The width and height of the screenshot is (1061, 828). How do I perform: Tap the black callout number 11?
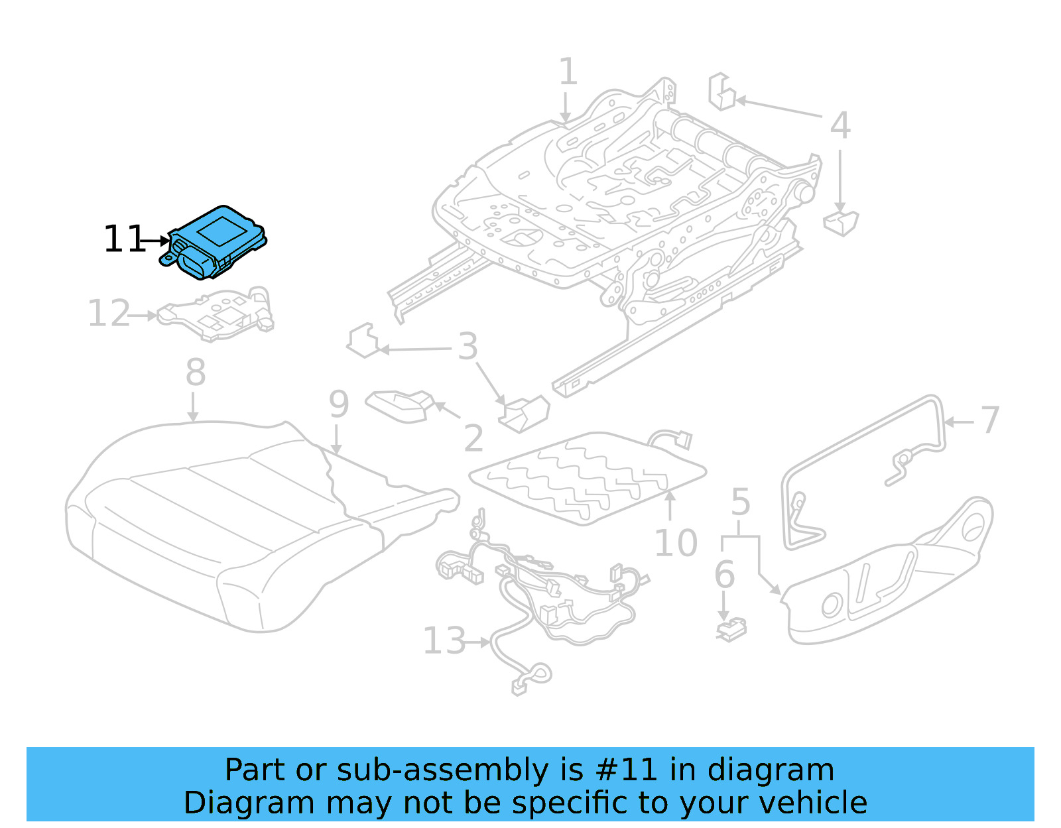(x=123, y=240)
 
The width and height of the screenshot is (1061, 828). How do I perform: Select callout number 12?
(x=109, y=314)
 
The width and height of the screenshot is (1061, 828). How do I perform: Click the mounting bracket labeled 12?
(x=219, y=315)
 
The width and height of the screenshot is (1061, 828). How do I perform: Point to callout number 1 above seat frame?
(x=568, y=72)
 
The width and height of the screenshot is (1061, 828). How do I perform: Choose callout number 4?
(x=840, y=126)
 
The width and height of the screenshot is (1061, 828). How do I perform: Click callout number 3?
(x=468, y=347)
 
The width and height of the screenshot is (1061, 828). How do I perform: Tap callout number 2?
(x=473, y=438)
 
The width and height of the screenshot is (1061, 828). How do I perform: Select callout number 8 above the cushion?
(x=195, y=373)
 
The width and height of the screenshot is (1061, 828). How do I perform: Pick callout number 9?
(x=338, y=404)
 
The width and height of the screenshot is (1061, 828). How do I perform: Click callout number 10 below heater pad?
(x=675, y=544)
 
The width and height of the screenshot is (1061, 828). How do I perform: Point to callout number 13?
(x=444, y=641)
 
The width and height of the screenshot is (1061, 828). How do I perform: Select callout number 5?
(x=740, y=503)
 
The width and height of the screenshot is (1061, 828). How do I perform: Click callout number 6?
(x=724, y=575)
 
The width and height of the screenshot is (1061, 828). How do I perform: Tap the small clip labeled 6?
(x=731, y=628)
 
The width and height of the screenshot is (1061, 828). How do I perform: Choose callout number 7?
(x=989, y=420)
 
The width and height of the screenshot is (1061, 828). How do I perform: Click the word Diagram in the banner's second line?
(x=249, y=803)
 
